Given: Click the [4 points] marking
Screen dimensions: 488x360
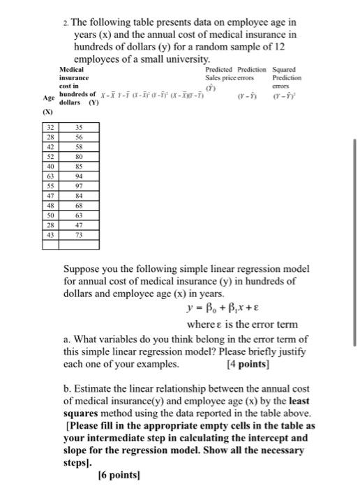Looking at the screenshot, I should coord(249,364).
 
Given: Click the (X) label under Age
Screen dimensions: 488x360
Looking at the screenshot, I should coord(50,111).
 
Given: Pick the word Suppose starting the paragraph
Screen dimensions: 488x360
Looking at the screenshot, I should coord(83,268).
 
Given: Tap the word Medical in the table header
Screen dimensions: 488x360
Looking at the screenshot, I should coord(72,70).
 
